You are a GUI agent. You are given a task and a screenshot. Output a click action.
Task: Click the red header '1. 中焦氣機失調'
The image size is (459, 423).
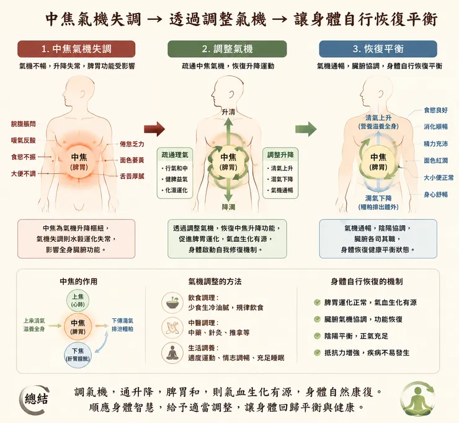point(76,49)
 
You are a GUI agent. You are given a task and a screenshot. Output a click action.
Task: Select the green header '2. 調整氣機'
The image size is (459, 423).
point(227,49)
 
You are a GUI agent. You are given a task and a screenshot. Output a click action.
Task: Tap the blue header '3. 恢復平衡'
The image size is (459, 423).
point(378,49)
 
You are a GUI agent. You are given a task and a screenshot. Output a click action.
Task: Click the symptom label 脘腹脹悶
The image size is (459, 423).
point(24,124)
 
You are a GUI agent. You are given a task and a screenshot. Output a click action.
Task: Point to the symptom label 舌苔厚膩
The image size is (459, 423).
point(132,176)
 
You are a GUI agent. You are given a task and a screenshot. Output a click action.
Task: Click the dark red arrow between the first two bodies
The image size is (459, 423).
point(154,129)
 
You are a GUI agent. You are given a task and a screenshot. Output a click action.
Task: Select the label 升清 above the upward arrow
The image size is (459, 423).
point(228,112)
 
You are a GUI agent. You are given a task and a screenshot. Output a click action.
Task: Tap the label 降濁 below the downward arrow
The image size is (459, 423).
point(228,207)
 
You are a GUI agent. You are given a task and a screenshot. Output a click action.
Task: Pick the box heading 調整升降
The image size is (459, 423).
point(280,155)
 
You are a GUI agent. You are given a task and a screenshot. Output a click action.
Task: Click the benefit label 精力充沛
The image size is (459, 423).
point(435,144)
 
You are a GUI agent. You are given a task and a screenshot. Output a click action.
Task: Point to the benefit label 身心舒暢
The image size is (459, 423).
point(435,195)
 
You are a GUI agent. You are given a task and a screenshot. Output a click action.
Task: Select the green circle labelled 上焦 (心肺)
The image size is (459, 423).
point(78,300)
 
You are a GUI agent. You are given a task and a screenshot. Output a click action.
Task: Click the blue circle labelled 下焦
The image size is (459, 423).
point(78,355)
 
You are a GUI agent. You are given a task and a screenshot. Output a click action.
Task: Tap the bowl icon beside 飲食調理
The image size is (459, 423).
point(172,303)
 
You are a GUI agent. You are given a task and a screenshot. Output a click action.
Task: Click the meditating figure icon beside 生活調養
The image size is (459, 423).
point(172,352)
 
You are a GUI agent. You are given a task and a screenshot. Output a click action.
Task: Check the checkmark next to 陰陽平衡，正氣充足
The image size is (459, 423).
point(317,336)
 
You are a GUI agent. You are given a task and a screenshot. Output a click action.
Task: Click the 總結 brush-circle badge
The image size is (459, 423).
point(35,399)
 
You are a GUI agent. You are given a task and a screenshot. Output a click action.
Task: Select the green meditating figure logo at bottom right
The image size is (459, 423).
point(417,399)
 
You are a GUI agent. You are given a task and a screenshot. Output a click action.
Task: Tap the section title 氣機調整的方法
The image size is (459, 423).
point(215,282)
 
